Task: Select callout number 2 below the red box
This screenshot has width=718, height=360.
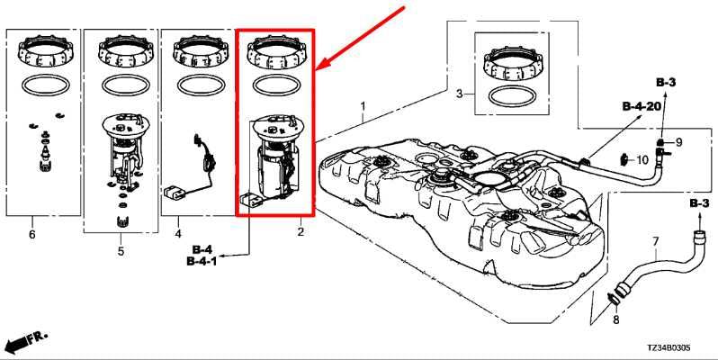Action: [301, 232]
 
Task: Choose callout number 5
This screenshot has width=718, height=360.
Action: [121, 251]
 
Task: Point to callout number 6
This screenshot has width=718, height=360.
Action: [32, 235]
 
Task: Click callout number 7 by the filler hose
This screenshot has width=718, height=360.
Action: [655, 241]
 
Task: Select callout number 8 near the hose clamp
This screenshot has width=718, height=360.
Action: [616, 319]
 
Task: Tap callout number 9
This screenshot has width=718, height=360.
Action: [679, 142]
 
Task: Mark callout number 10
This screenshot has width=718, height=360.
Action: [642, 160]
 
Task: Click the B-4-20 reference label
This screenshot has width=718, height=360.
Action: [642, 106]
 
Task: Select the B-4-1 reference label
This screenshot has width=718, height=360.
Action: [201, 262]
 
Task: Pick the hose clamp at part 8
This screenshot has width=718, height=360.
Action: [615, 298]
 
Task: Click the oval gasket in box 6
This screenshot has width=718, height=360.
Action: [43, 86]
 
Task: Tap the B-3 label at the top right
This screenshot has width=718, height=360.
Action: [666, 83]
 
